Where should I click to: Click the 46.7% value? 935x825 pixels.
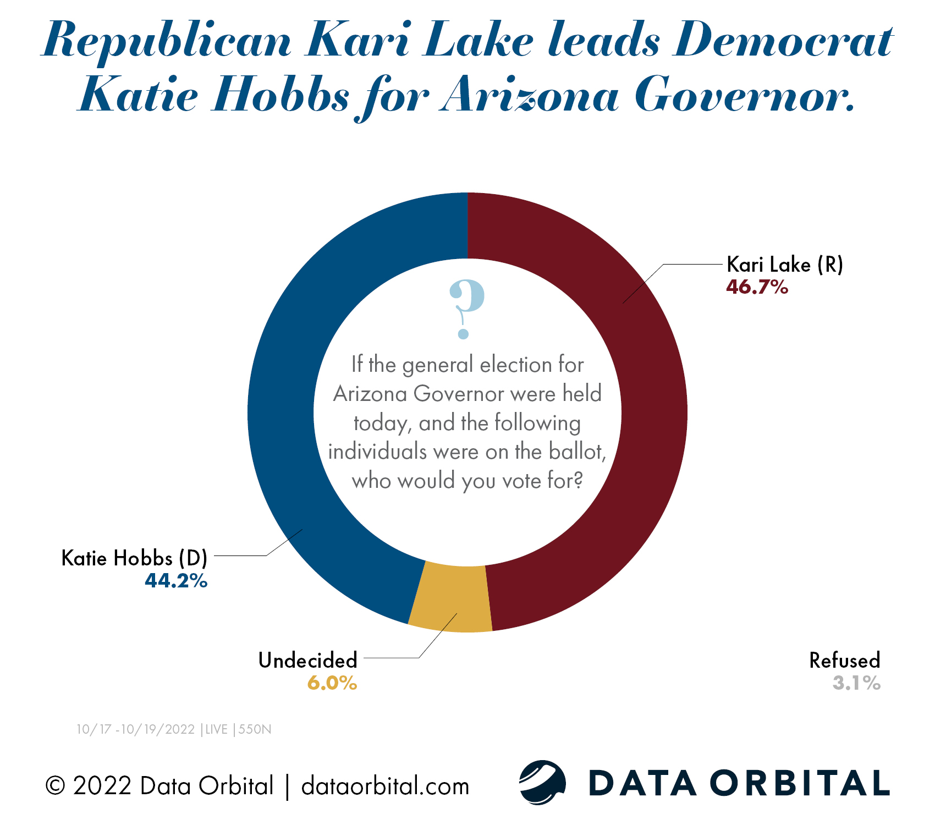(757, 287)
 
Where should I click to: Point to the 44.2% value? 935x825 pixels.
(176, 581)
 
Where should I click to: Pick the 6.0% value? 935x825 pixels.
(332, 683)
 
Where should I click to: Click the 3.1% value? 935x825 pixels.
(856, 683)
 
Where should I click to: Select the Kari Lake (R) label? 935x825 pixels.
(784, 265)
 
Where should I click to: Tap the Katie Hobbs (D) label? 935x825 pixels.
(134, 558)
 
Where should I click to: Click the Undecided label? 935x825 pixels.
(308, 660)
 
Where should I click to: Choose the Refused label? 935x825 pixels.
(845, 660)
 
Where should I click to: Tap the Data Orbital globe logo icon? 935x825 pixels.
(542, 782)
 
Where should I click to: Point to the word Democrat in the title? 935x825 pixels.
(783, 41)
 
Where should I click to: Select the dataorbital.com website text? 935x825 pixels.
(385, 786)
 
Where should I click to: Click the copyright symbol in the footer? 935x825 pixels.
(55, 786)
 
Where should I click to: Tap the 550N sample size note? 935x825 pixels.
(255, 729)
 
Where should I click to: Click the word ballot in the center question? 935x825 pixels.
(577, 452)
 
